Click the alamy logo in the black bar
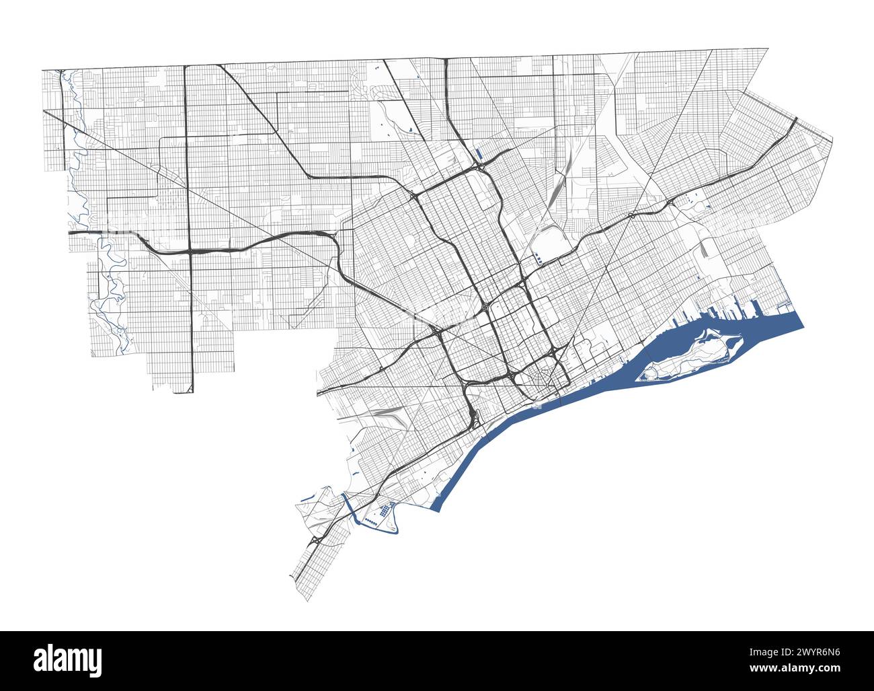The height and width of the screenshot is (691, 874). [67, 660]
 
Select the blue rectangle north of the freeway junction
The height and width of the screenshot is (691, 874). [479, 154]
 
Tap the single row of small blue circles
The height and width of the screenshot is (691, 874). [372, 522]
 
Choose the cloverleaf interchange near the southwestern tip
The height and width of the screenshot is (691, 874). [316, 540]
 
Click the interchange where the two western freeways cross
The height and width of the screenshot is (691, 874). [190, 251]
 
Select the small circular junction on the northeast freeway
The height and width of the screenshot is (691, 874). [631, 215]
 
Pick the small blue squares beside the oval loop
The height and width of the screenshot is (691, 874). [539, 257]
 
